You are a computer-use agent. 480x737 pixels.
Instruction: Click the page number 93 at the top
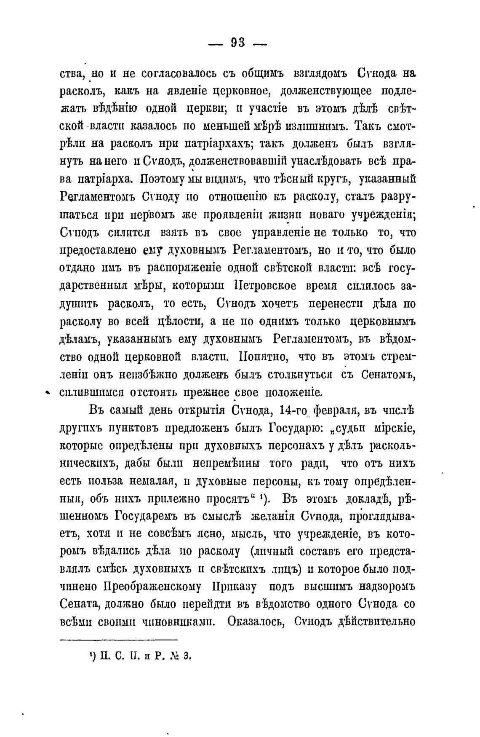(x=238, y=43)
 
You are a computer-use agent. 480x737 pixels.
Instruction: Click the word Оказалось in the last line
(x=256, y=622)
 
